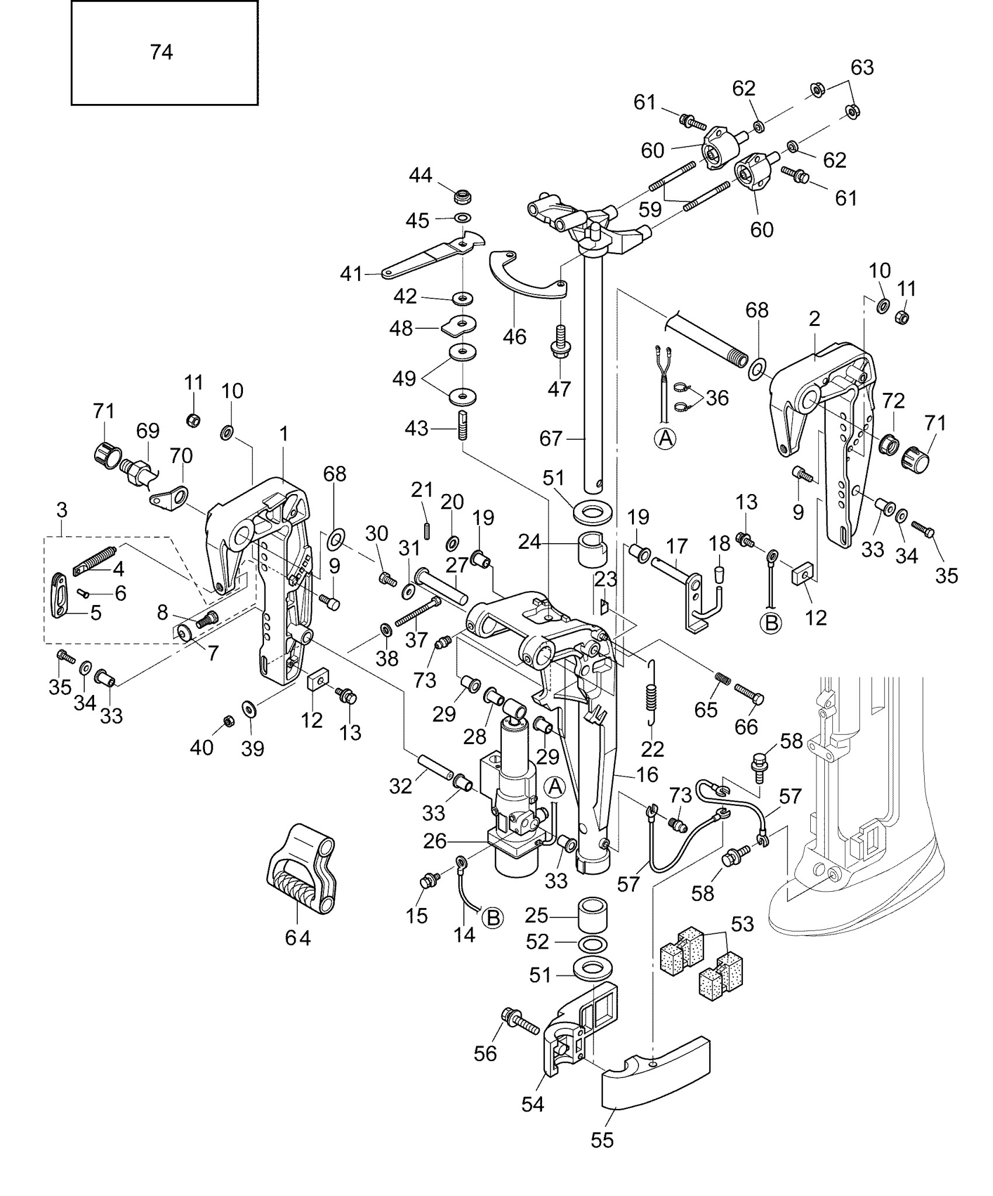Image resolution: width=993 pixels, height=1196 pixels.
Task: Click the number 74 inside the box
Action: (161, 53)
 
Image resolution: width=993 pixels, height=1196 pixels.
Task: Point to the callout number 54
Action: (533, 1104)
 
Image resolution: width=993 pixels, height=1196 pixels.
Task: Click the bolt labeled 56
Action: (519, 1021)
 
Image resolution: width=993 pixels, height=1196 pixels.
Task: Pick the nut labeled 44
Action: (463, 196)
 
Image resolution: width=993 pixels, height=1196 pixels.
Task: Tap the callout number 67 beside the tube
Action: (551, 438)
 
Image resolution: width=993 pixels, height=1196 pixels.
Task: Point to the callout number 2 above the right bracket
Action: (814, 319)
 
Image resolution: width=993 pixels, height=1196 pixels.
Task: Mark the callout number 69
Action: (148, 431)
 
